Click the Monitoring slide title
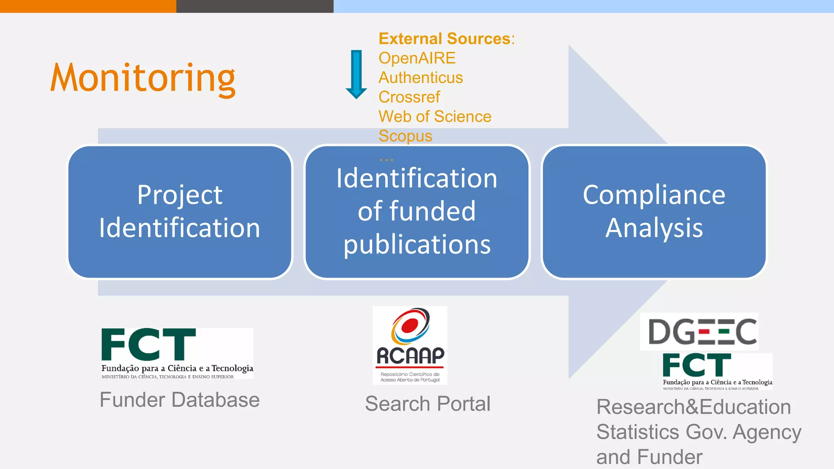click(x=143, y=78)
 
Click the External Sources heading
click(x=446, y=39)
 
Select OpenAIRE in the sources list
click(x=417, y=58)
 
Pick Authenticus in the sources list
click(x=421, y=78)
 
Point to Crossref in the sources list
click(x=409, y=97)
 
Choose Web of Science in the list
click(x=435, y=117)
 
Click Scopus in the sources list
click(x=405, y=136)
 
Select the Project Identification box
click(x=180, y=212)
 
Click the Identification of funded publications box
click(x=417, y=212)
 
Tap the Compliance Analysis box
click(x=654, y=212)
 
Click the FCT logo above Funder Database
click(x=177, y=353)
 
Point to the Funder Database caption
click(x=180, y=400)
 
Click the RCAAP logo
click(x=410, y=345)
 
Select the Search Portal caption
click(x=428, y=404)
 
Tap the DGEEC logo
click(x=699, y=331)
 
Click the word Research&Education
click(x=694, y=407)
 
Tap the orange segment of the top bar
click(x=88, y=6)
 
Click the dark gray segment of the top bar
click(x=255, y=6)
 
